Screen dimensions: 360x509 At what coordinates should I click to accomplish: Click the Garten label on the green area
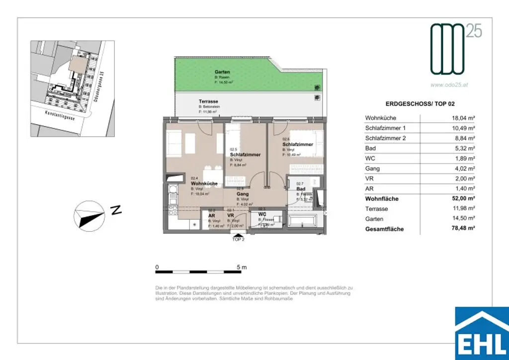[x=222, y=72]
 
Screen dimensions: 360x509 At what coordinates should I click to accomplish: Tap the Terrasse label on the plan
[x=208, y=101]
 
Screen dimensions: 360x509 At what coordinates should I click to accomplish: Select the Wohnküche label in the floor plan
[x=204, y=183]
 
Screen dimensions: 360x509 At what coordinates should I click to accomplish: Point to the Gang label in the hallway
[x=242, y=194]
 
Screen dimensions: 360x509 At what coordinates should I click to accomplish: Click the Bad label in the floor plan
[x=300, y=189]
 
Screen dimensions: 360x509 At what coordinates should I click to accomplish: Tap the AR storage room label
[x=211, y=215]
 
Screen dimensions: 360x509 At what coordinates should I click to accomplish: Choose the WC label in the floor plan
[x=261, y=214]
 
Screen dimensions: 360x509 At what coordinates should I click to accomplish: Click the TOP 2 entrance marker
[x=239, y=239]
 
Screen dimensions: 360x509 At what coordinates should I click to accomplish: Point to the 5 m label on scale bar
[x=242, y=267]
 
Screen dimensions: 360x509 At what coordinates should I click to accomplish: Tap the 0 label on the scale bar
[x=157, y=267]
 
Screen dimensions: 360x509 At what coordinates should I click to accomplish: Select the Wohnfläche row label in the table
[x=382, y=199]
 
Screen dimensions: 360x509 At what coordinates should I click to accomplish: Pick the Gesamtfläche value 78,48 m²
[x=460, y=229]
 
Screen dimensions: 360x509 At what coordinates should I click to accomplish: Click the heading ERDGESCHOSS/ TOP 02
[x=420, y=104]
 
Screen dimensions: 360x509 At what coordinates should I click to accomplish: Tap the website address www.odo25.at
[x=449, y=85]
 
